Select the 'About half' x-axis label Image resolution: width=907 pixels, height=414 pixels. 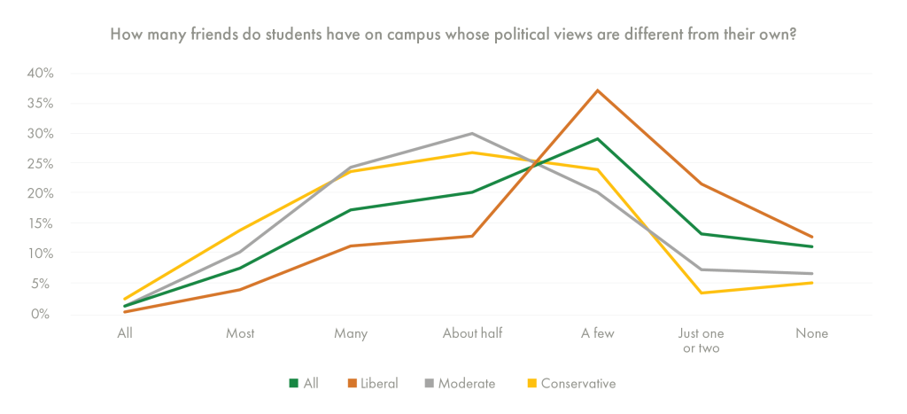pos(472,334)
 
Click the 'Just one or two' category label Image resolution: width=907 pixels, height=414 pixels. pos(698,341)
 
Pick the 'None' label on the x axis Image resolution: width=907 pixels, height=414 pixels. pos(811,334)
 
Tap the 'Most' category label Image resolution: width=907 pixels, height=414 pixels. pos(240,334)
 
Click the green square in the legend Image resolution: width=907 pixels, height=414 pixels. pos(294,384)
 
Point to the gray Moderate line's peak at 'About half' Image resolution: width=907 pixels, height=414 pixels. pos(472,134)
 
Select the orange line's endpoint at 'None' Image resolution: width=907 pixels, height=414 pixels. pos(811,237)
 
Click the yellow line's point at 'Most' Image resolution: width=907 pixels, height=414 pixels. pos(240,230)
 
